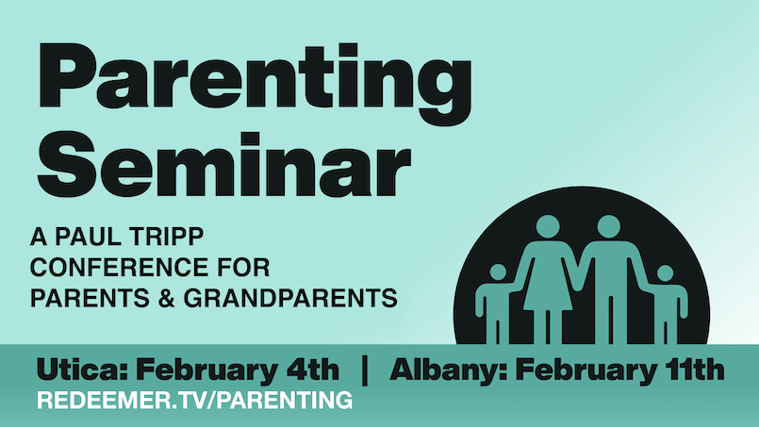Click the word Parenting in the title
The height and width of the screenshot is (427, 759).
pos(255,84)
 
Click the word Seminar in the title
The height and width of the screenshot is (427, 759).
pos(224,165)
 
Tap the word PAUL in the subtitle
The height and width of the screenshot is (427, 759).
pos(88,237)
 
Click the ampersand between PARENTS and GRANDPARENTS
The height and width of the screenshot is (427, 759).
pos(166,298)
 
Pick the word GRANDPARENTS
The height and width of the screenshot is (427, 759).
pos(290,298)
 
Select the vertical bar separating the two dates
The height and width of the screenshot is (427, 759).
pos(365,370)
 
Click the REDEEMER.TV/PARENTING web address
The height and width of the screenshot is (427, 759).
pos(194,401)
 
